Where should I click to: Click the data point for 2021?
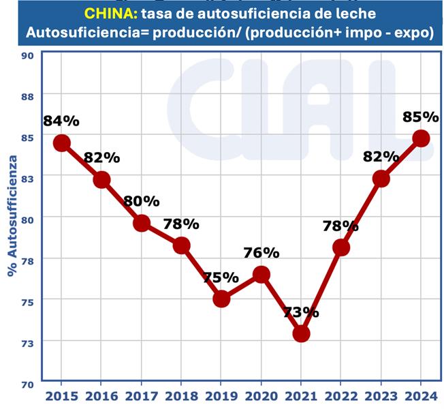[x=301, y=333]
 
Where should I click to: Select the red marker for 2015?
[x=62, y=142]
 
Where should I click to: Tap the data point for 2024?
[x=421, y=138]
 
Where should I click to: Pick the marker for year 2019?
[x=221, y=299]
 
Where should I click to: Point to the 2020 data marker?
[x=261, y=274]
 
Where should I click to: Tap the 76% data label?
[x=261, y=252]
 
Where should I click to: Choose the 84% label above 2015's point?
[x=61, y=121]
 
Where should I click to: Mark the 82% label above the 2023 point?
[x=381, y=155]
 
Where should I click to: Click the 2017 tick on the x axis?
[x=142, y=396]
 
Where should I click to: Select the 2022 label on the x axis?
[x=341, y=396]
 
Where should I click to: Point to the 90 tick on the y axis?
[x=29, y=55]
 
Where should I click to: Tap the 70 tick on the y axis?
[x=29, y=384]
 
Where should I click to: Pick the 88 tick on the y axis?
[x=29, y=96]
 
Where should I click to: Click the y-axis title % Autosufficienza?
[x=12, y=216]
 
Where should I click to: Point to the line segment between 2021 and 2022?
[x=321, y=290]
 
